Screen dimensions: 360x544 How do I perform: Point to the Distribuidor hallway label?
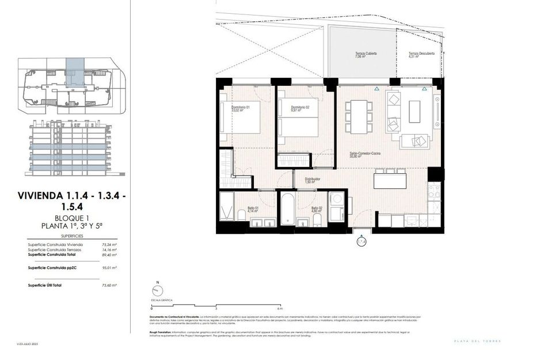[x=313, y=180]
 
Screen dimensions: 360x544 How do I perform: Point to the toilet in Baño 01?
[x=240, y=215]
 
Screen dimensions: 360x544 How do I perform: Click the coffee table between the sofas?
[x=415, y=111]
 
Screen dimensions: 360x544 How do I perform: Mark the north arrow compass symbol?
[x=156, y=292]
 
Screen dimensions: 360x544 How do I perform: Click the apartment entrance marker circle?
[x=361, y=242]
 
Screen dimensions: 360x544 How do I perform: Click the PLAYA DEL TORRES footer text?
[x=478, y=341]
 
